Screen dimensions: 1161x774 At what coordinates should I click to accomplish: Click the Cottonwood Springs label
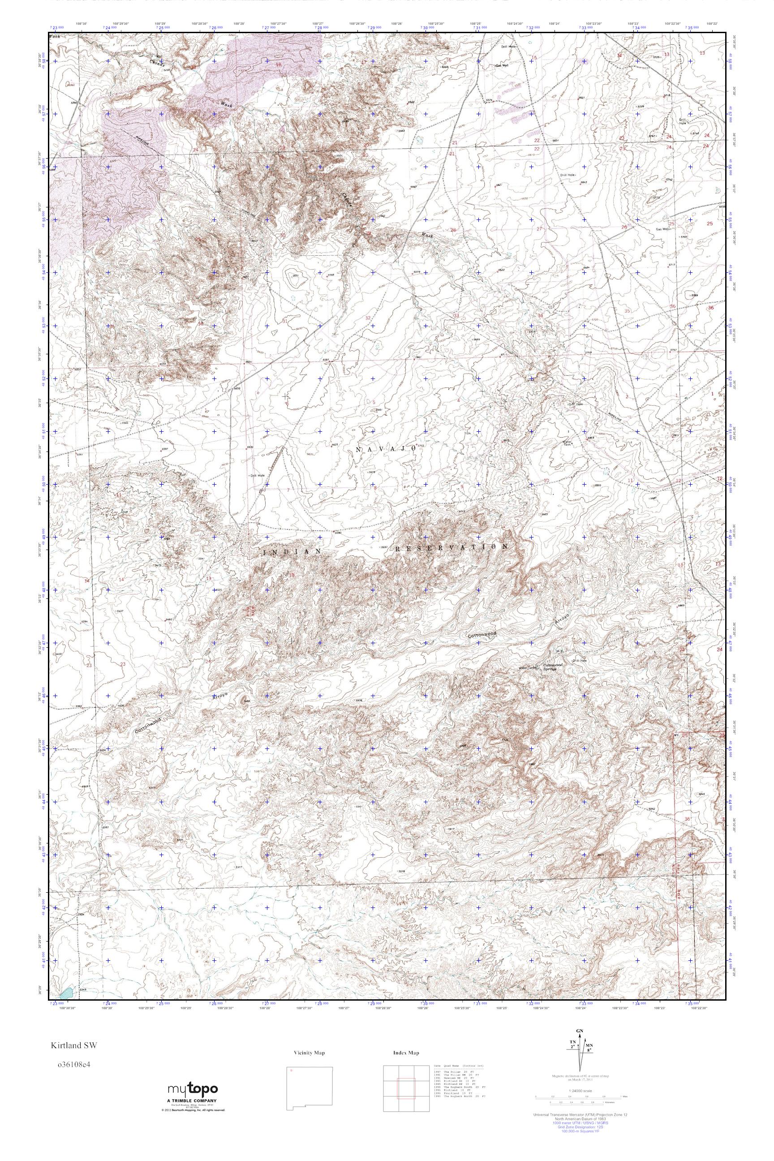point(553,667)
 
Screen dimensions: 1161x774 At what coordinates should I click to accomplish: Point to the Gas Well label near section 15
point(502,65)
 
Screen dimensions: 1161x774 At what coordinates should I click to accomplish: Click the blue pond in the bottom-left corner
point(66,991)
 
